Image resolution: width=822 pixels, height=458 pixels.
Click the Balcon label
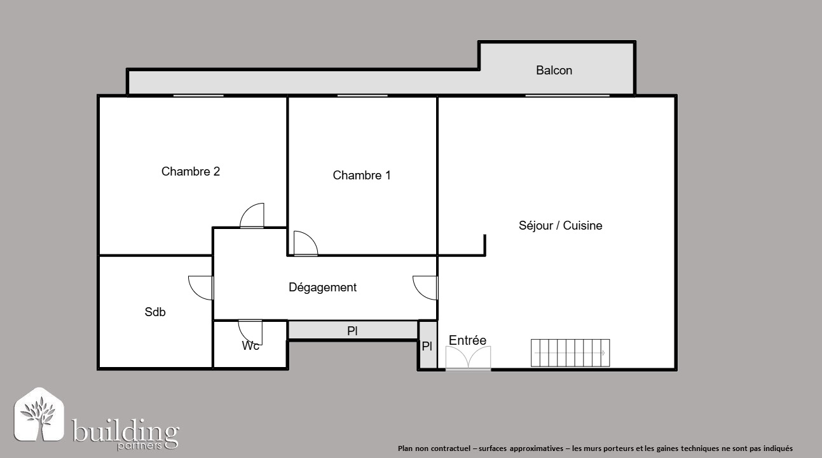[x=554, y=70]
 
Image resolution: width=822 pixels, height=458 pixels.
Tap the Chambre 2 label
[x=191, y=171]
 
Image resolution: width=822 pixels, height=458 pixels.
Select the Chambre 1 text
[x=362, y=175]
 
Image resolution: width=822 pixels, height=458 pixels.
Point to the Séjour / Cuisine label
[x=560, y=225]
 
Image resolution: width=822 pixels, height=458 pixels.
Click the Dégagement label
[x=322, y=288]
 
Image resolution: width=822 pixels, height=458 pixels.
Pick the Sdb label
[x=155, y=312]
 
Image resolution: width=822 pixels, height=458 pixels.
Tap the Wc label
[x=250, y=345]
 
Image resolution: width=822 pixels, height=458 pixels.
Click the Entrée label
[x=467, y=340]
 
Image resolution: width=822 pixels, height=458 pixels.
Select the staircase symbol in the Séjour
[x=570, y=353]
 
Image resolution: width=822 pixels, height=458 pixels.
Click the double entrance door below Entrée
[x=469, y=357]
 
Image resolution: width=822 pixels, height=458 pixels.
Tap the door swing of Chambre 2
[x=252, y=216]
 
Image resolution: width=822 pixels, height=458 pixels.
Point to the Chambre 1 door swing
[x=306, y=243]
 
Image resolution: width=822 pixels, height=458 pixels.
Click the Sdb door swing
[x=201, y=288]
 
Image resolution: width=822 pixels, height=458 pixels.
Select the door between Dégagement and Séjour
[x=425, y=288]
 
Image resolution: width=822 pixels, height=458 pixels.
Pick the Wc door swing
[x=250, y=331]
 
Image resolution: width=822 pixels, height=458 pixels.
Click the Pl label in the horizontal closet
[x=352, y=331]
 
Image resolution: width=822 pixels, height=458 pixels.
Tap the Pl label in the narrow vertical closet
[x=427, y=346]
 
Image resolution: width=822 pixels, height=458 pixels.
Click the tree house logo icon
[x=39, y=414]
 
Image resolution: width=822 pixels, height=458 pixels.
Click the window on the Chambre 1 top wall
[x=362, y=96]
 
